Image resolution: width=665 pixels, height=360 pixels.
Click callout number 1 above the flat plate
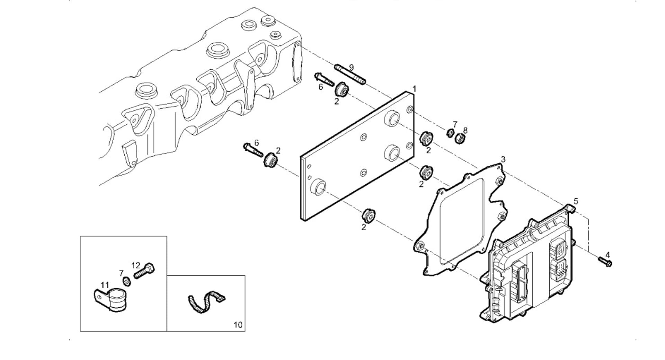[414, 89]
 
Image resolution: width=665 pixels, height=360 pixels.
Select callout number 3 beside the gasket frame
[503, 159]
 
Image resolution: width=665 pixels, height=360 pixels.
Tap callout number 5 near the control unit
[576, 201]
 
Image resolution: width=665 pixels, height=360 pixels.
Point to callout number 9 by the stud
[351, 67]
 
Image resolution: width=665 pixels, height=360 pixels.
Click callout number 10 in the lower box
[238, 325]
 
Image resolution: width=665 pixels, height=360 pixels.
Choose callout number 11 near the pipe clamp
[105, 285]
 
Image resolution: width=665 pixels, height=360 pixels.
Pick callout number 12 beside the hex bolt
[136, 265]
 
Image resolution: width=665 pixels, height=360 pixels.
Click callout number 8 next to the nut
[465, 130]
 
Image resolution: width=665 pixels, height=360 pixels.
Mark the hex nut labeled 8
[460, 138]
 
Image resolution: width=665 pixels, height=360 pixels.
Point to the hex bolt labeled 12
[144, 272]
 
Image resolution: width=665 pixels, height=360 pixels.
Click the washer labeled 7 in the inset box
[127, 281]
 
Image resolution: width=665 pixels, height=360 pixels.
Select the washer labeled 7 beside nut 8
[451, 133]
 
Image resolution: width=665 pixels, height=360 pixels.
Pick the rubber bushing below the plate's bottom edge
[368, 216]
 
